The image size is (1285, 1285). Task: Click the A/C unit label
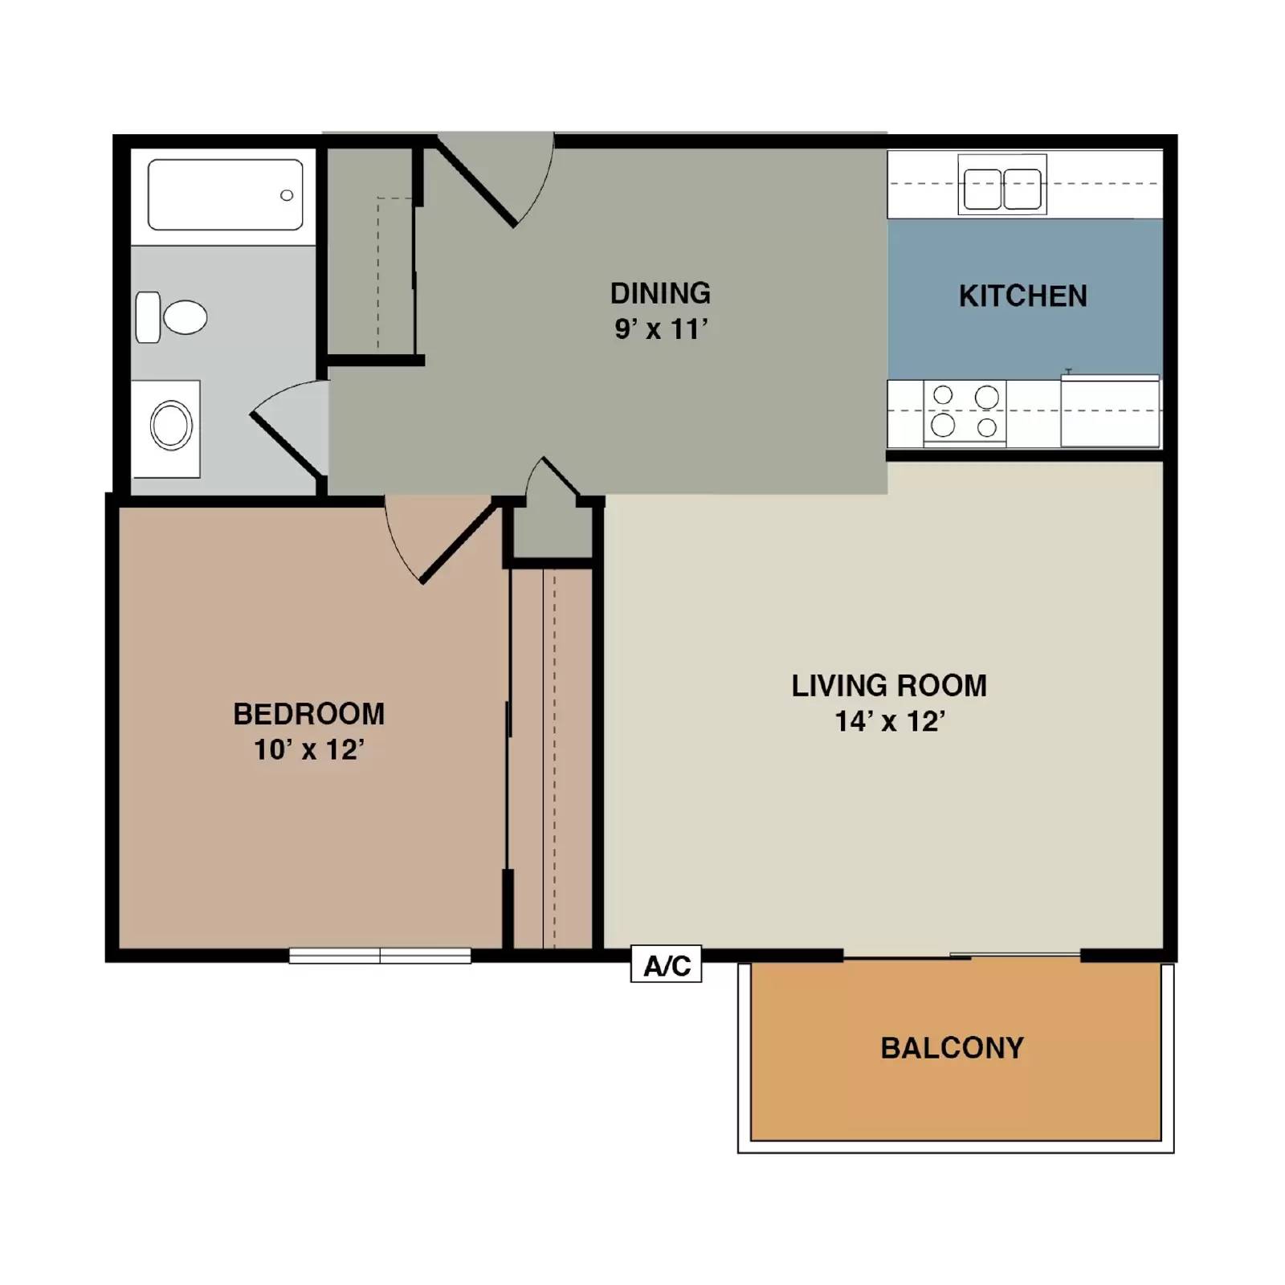666,965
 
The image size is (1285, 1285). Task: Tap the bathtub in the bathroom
225,194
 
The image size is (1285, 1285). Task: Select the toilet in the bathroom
172,317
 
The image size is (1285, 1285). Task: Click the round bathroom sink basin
171,426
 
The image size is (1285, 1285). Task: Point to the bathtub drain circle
286,195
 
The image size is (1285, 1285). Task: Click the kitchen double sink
1001,190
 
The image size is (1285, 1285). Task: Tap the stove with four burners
965,411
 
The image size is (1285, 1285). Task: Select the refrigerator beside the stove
1110,411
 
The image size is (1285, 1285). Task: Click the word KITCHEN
1022,296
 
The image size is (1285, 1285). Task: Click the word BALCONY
952,1048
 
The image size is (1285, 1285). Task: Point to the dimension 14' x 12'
889,721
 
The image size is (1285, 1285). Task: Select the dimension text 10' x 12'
309,749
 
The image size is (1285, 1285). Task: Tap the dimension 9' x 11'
660,329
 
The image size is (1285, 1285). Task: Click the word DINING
660,293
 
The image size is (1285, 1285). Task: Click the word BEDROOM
309,713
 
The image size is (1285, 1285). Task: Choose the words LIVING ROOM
889,686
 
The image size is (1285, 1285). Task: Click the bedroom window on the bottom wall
380,956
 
